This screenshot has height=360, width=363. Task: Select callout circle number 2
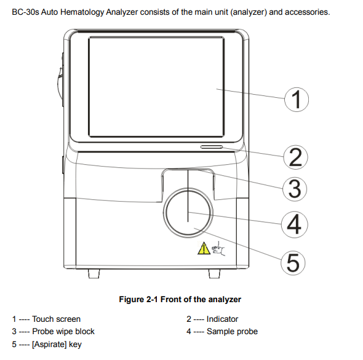(295, 158)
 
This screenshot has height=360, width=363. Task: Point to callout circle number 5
(293, 263)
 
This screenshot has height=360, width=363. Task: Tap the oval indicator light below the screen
(211, 148)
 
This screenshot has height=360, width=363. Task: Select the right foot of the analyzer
(212, 273)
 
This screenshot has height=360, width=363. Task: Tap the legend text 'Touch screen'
(56, 319)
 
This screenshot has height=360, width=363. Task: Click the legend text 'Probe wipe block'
(63, 332)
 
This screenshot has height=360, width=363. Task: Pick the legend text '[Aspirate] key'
(57, 345)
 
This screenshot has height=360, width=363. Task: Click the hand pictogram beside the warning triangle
(218, 249)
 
